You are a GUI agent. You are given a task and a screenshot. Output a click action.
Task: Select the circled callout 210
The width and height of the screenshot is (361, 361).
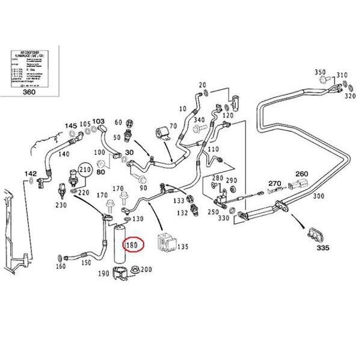[86, 170]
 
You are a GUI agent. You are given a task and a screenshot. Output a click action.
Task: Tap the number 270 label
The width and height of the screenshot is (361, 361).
[275, 183]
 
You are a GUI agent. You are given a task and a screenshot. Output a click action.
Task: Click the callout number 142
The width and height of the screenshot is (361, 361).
[30, 173]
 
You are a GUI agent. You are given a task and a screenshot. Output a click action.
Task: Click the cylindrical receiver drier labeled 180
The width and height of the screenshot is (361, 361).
[117, 247]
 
